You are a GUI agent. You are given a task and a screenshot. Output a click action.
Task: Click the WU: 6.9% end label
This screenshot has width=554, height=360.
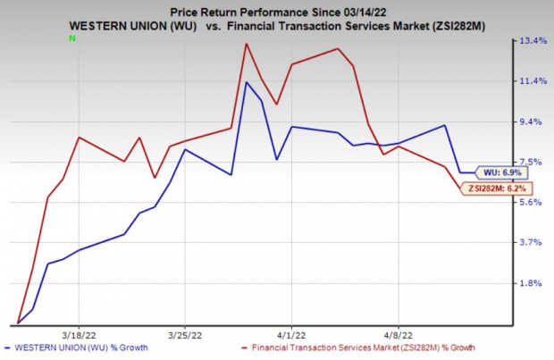[x=502, y=172]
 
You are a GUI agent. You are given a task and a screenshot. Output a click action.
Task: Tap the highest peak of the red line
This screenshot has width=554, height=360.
[x=245, y=43]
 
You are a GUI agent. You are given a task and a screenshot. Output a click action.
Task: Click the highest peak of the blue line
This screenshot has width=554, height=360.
[x=246, y=83]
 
